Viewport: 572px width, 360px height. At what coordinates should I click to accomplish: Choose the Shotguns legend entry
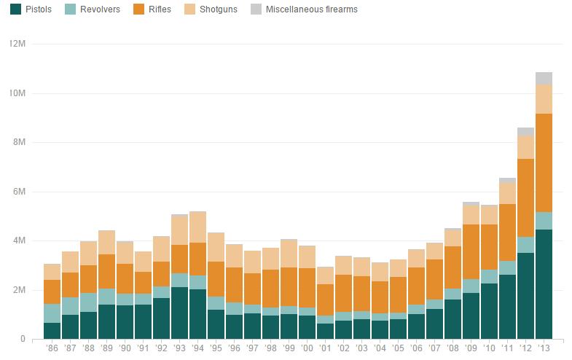pos(213,10)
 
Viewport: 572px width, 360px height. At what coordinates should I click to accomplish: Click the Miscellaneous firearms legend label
pos(311,10)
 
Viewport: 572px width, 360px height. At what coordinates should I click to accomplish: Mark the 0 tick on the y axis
pos(23,339)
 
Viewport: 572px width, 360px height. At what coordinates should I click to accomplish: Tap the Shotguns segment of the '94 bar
pos(197,227)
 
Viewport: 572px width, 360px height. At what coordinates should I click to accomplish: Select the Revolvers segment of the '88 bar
pos(88,302)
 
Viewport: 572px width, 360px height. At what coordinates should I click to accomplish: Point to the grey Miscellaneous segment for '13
pos(544,78)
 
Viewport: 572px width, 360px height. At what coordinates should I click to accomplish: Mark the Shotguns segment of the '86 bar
pos(52,272)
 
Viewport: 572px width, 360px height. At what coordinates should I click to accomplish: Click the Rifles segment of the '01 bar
pos(325,300)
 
